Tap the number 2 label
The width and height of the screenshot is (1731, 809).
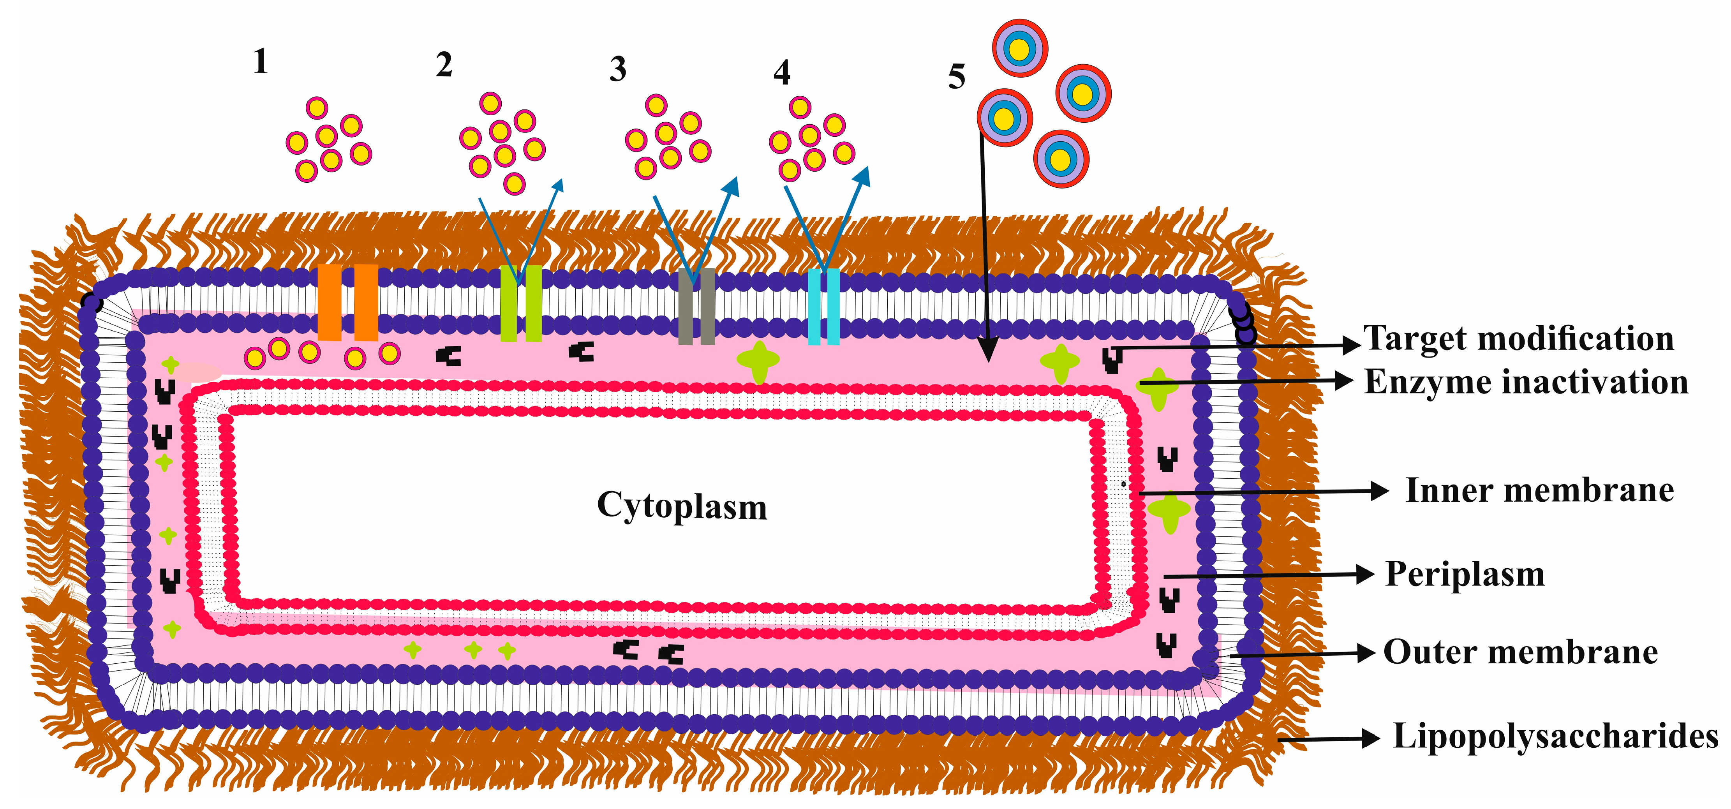[444, 65]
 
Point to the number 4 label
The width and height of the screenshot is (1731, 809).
[781, 72]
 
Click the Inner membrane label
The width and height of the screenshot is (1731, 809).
[1539, 490]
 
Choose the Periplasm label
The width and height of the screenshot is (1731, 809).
[1465, 575]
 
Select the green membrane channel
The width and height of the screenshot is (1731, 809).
[521, 304]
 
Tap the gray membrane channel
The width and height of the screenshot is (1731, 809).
[696, 307]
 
